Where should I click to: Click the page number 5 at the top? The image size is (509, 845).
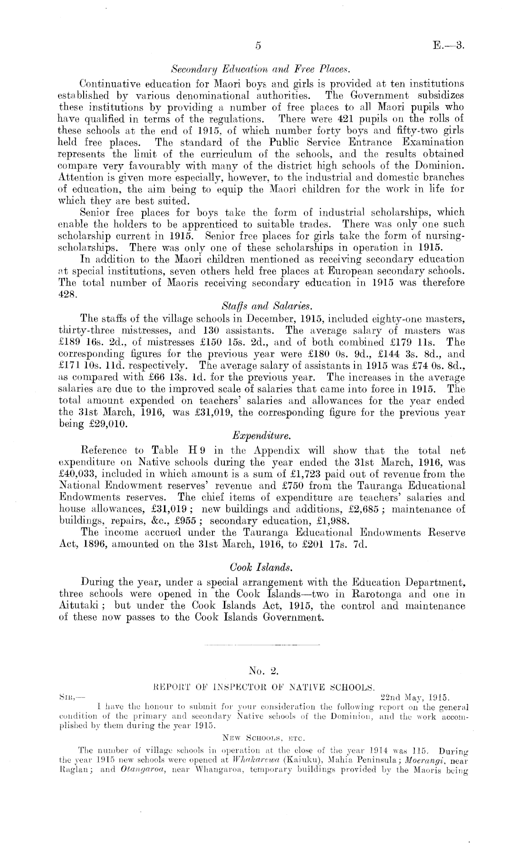[x=258, y=45]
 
